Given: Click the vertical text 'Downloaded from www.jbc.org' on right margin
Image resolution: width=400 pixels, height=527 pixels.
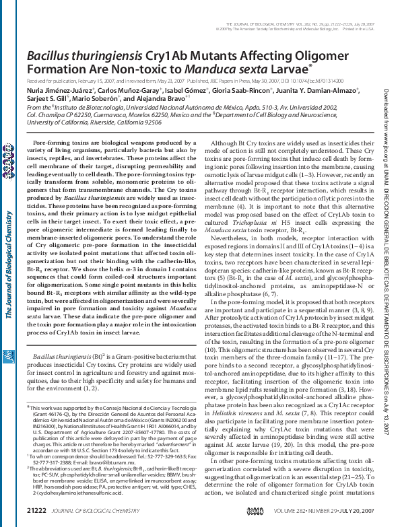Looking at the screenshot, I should (x=386, y=138).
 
